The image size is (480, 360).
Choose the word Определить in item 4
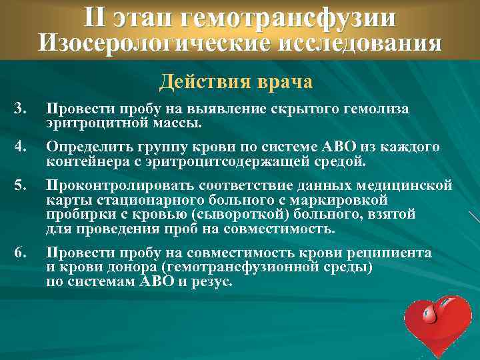point(81,147)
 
